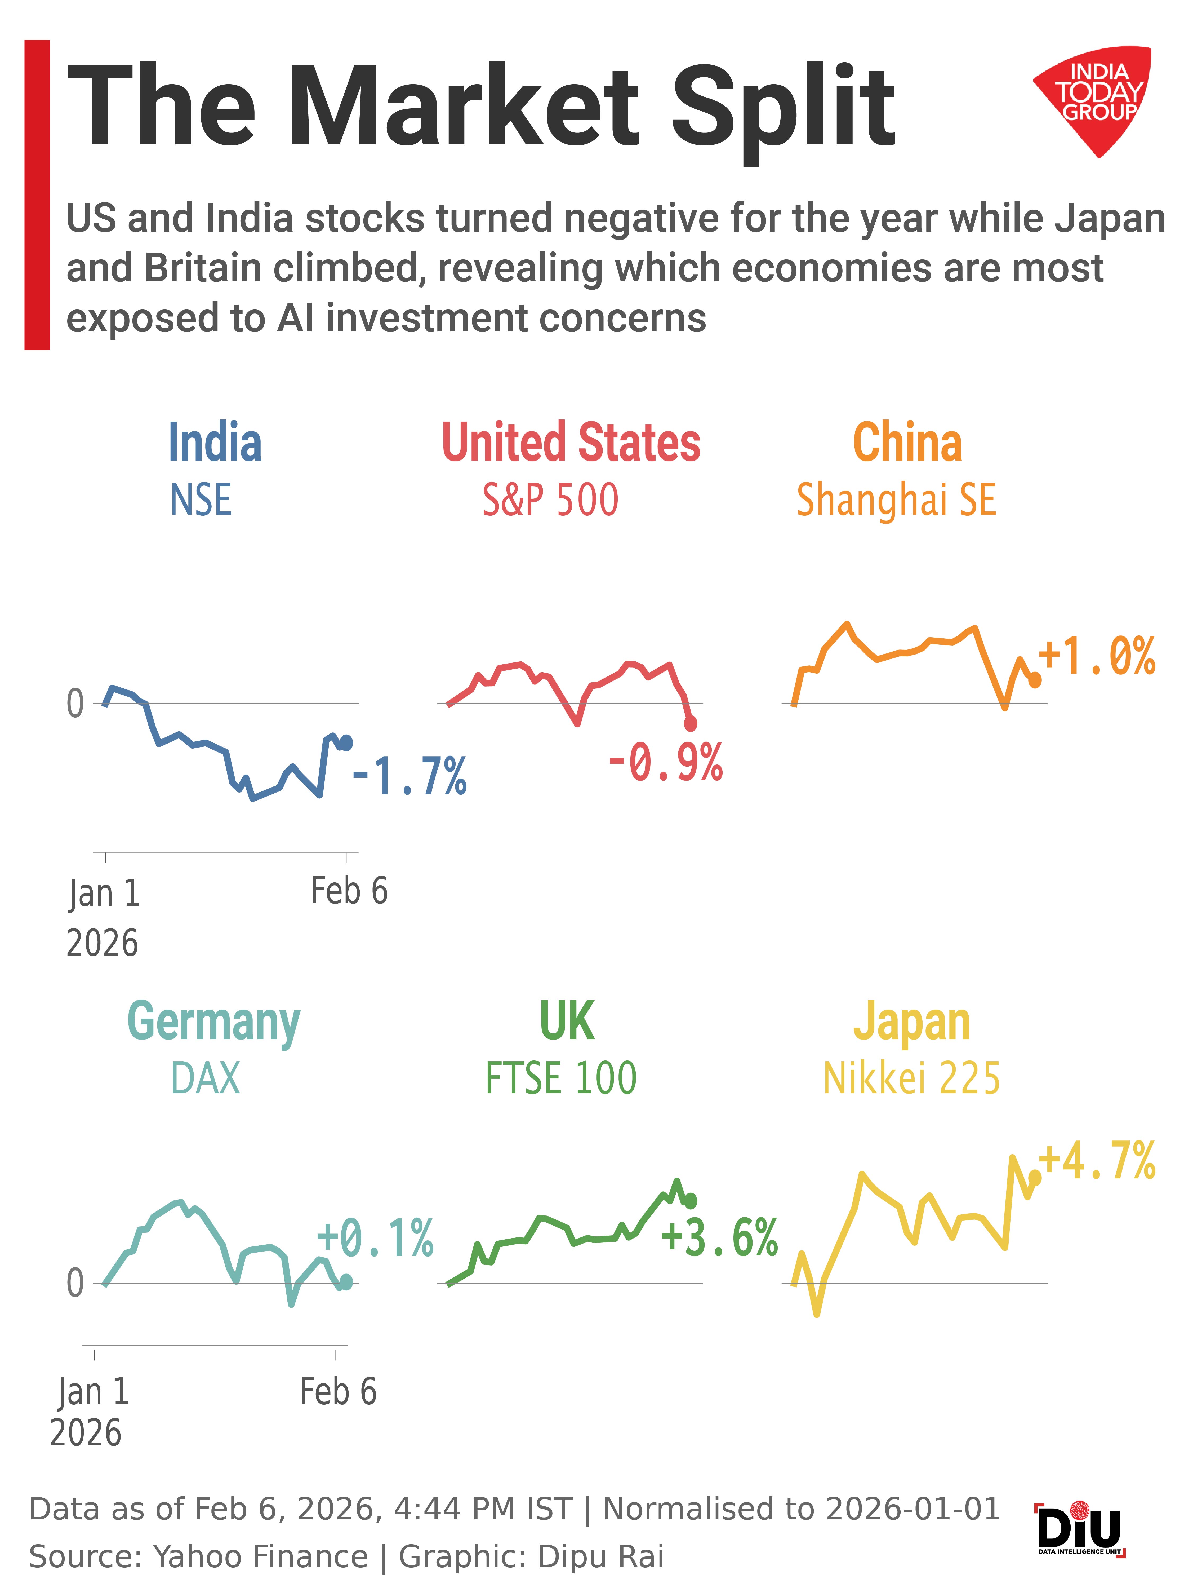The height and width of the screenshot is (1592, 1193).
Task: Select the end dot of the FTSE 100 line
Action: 691,1200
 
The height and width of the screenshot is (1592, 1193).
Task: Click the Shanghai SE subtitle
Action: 896,500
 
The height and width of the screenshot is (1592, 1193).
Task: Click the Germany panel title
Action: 214,1022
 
